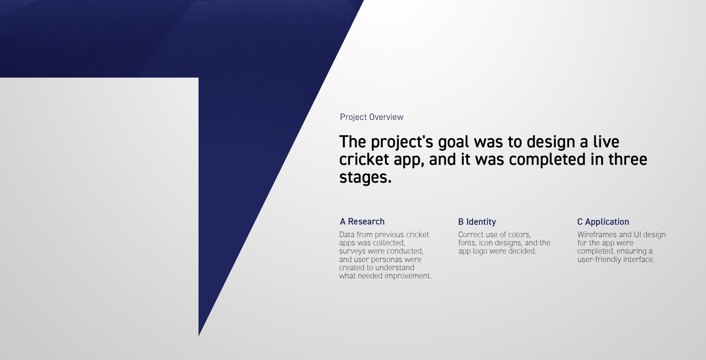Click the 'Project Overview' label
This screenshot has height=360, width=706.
point(372,117)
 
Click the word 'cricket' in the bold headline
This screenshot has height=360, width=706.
point(364,159)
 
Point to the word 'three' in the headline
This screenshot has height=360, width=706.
point(628,159)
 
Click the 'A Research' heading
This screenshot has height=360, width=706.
point(362,221)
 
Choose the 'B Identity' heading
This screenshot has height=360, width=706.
point(477,222)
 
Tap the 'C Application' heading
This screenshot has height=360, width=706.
point(603,222)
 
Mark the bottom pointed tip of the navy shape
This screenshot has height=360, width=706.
point(199,336)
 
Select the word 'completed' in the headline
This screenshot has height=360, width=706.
point(547,159)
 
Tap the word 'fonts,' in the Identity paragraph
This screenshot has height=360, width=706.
point(467,243)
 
